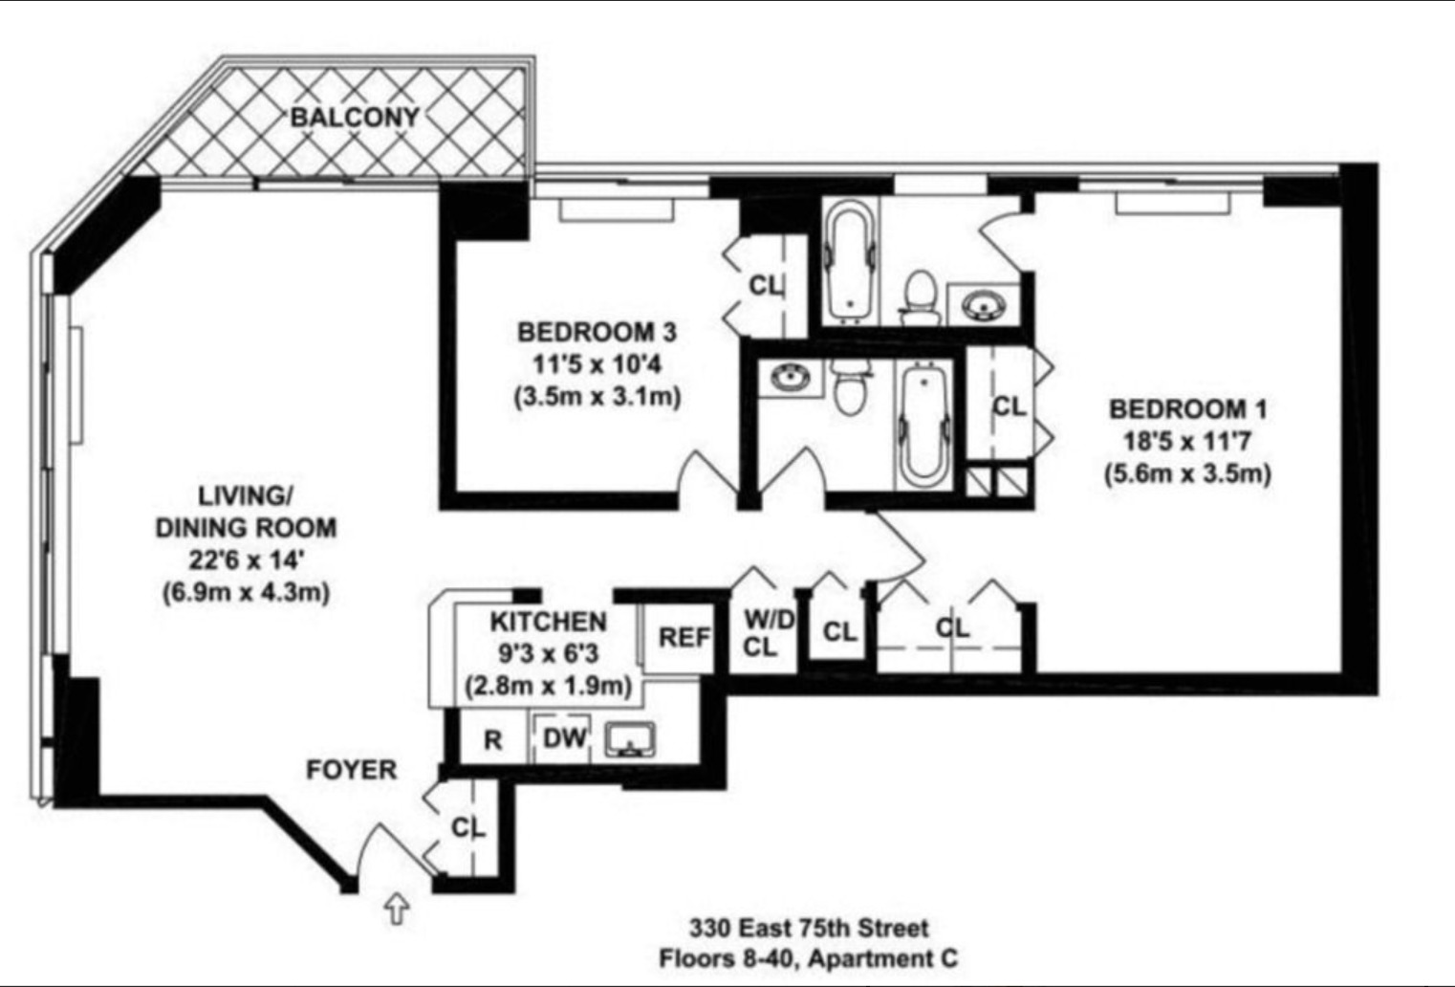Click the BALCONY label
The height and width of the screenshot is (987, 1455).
point(355,117)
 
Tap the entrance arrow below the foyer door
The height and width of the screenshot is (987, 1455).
point(397,908)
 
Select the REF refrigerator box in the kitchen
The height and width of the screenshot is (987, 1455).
point(684,637)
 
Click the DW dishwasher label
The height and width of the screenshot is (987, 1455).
point(565,738)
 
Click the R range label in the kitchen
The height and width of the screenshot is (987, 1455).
point(492,740)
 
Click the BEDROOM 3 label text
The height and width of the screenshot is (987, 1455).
point(597,332)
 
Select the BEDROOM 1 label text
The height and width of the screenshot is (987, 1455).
point(1187,409)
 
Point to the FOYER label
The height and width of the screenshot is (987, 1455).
point(351,770)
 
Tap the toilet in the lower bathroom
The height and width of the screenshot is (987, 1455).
point(847,385)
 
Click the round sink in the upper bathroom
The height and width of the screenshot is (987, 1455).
point(983,305)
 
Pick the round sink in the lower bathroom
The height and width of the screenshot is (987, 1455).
point(790,379)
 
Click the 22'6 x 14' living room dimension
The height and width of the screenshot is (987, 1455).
point(246,559)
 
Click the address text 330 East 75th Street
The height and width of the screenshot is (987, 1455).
point(809,928)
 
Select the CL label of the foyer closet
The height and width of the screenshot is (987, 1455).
point(468,827)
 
